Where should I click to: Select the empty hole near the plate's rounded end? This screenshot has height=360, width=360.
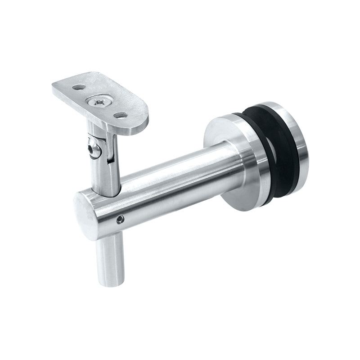click(x=120, y=116)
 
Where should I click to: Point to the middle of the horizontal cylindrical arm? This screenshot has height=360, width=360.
click(x=171, y=184)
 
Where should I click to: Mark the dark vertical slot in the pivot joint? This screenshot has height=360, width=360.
click(x=108, y=151)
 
